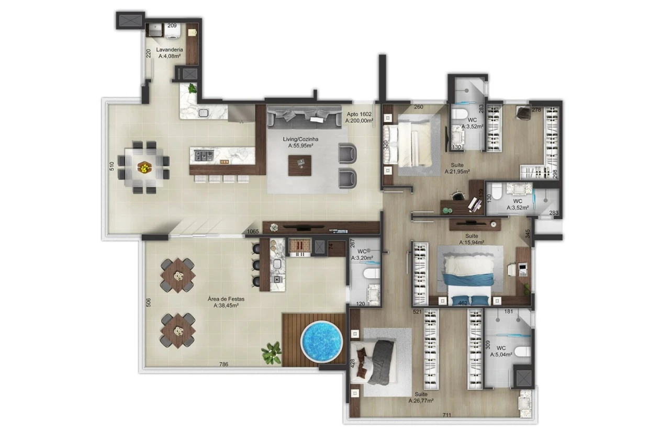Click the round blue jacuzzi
(322, 342)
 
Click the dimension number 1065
(253, 232)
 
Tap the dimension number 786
(223, 364)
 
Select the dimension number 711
(447, 415)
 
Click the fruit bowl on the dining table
(144, 168)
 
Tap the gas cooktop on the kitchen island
(204, 155)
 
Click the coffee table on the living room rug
(300, 165)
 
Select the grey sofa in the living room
(304, 117)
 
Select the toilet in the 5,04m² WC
(522, 352)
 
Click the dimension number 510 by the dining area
(112, 166)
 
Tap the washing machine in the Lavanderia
(172, 31)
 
